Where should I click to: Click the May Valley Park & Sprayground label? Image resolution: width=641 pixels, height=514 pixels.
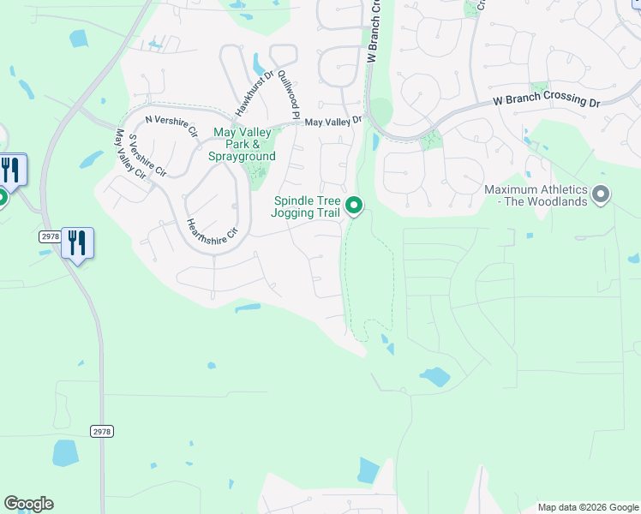click(x=243, y=145)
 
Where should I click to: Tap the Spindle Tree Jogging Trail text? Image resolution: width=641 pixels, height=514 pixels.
click(x=307, y=206)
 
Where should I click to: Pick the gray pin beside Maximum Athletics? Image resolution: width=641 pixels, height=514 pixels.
click(x=601, y=195)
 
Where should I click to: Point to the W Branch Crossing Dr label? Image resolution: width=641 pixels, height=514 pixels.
click(x=546, y=101)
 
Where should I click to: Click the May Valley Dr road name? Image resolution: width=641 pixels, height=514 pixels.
click(x=333, y=123)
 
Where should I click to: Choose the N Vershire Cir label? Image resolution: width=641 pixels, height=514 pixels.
click(x=171, y=125)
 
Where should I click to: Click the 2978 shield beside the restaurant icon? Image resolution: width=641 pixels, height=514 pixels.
click(x=51, y=236)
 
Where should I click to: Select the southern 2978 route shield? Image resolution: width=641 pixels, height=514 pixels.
click(x=102, y=431)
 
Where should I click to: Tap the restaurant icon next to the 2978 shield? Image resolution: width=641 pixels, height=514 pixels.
click(x=77, y=242)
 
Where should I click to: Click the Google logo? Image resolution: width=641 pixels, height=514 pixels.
click(x=28, y=504)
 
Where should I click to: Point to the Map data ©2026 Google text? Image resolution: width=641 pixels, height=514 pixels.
click(x=588, y=507)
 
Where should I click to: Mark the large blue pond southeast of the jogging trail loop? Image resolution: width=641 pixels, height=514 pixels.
click(x=434, y=376)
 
